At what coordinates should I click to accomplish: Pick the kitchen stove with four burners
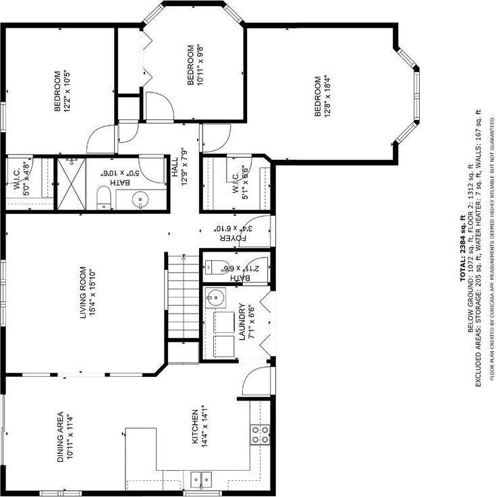[x=260, y=434]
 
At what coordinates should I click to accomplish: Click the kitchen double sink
[x=200, y=480]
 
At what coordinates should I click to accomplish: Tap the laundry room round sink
[x=215, y=296]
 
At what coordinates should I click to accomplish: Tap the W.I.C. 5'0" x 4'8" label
[x=22, y=177]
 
